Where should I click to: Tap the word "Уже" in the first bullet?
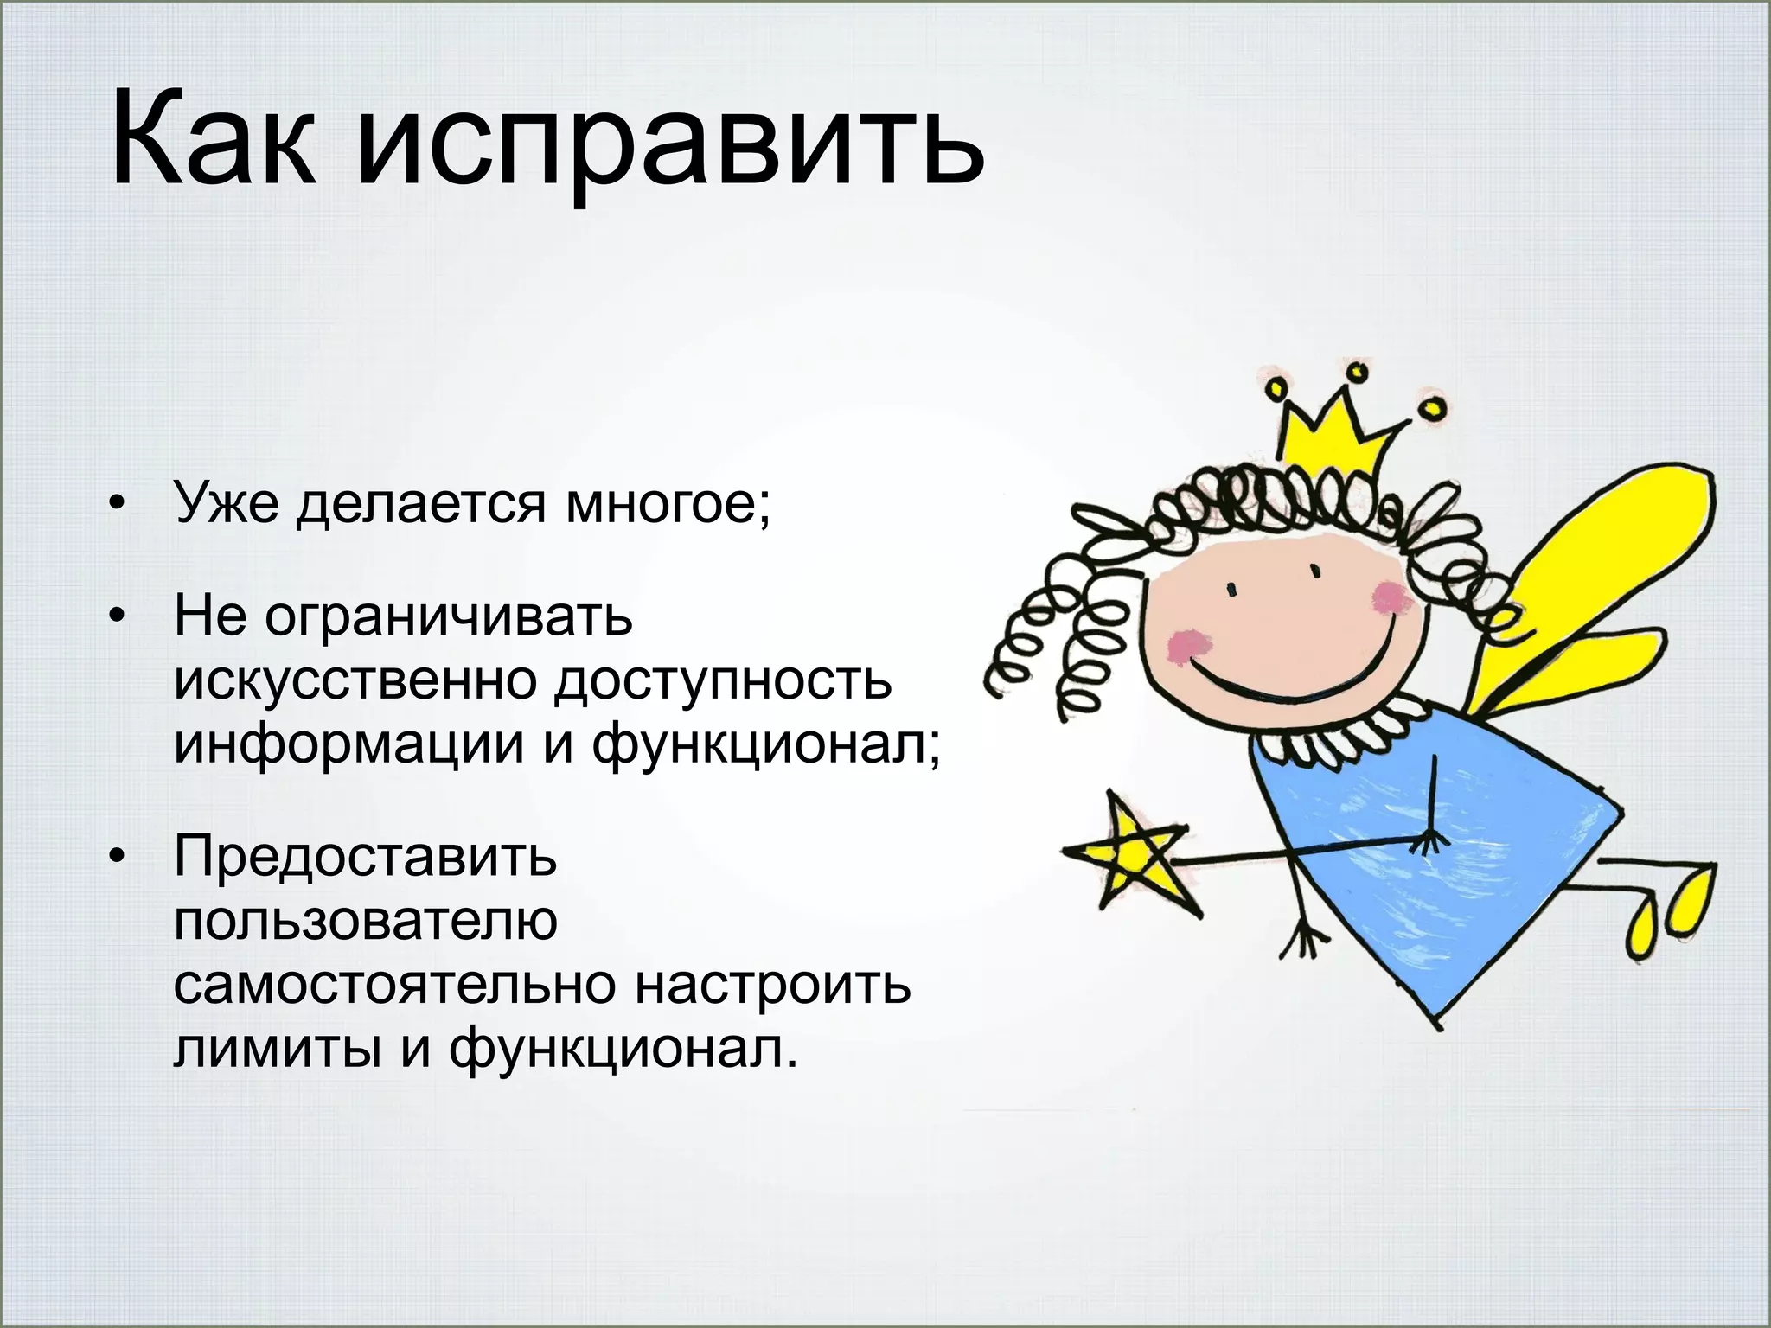tap(227, 502)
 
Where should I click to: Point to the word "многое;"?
tap(667, 504)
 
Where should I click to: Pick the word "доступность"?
tap(723, 681)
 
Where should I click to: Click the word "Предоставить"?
tap(365, 856)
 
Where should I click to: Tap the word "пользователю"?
tap(365, 920)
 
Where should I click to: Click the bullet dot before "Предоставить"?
tap(118, 857)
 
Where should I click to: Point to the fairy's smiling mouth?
tap(1280, 674)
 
